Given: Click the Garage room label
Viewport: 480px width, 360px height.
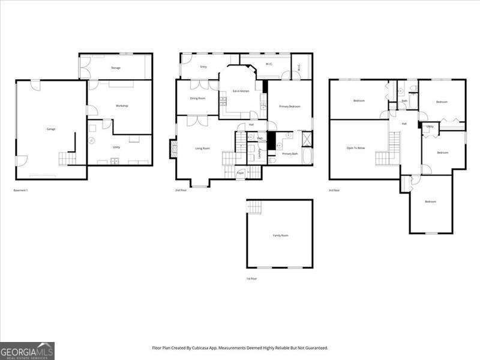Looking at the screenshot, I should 51,129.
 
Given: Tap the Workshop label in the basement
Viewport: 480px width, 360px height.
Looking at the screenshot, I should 122,106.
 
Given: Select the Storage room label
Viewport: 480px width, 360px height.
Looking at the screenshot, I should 115,68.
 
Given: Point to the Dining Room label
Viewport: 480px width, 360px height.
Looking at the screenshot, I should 197,98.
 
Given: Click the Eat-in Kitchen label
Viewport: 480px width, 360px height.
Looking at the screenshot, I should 241,91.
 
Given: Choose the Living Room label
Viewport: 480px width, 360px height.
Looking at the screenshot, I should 202,148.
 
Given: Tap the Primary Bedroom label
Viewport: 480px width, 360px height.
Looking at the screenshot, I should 289,106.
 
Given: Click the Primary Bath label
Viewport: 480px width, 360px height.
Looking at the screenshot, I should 290,154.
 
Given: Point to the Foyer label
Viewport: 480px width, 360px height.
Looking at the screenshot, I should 240,173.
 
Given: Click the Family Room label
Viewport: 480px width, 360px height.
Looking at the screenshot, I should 280,235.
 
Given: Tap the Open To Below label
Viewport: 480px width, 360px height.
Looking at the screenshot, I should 356,147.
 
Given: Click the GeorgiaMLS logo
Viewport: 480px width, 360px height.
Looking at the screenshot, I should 27,350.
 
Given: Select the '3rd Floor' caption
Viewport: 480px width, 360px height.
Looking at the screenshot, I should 334,190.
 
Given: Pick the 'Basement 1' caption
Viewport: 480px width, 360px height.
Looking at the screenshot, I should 21,190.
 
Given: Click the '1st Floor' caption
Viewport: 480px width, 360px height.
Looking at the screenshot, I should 251,278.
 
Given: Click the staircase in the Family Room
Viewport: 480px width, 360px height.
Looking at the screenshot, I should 255,208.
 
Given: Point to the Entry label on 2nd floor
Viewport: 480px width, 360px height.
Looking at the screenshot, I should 203,67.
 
